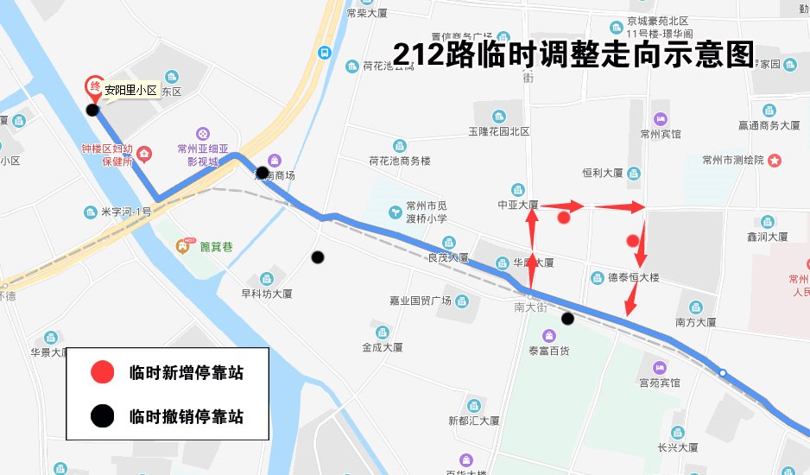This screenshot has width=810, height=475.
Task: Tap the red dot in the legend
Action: tap(102, 373)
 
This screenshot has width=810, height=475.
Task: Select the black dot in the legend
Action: tap(102, 417)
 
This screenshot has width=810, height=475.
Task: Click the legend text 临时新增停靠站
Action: tap(186, 373)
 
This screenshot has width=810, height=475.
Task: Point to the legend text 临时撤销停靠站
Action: tap(186, 417)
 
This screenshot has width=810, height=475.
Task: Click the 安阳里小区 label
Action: tap(131, 89)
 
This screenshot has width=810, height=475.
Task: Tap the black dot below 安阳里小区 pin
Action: tap(92, 109)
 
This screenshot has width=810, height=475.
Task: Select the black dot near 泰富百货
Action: tap(567, 319)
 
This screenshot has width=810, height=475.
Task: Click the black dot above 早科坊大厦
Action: tap(318, 256)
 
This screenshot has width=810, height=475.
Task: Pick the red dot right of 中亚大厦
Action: tap(564, 217)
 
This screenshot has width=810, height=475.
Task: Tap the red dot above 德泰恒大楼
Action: tap(633, 240)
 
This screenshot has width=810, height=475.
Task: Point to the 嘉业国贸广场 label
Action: tap(421, 301)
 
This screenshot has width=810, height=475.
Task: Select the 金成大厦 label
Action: tap(383, 347)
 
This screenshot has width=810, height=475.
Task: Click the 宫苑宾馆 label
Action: tap(660, 382)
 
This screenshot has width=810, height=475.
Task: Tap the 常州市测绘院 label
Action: tap(734, 160)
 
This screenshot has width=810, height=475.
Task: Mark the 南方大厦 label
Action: tap(696, 322)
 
